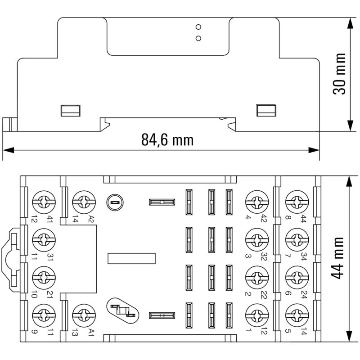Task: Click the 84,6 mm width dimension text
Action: [x=167, y=140]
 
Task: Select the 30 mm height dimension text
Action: [x=339, y=74]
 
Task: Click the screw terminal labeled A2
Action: [x=82, y=200]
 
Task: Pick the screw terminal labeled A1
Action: [x=82, y=315]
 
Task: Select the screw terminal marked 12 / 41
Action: [x=44, y=200]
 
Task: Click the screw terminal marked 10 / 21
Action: [x=44, y=276]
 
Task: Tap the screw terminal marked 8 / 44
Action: [x=295, y=200]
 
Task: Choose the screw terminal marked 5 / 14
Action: [x=295, y=315]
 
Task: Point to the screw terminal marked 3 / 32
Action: [x=256, y=238]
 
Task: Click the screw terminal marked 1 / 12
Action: [x=256, y=315]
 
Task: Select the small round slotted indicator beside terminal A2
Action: [x=114, y=202]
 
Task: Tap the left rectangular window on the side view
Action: [x=71, y=110]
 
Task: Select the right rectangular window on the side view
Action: [x=266, y=110]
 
